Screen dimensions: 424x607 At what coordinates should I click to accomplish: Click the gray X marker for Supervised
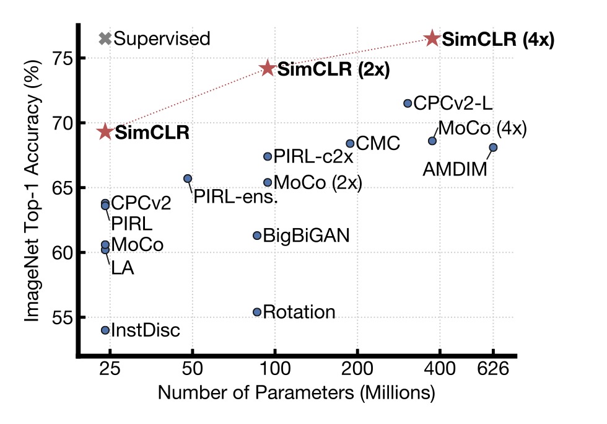(x=105, y=38)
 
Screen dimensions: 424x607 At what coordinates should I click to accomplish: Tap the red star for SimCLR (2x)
(x=268, y=68)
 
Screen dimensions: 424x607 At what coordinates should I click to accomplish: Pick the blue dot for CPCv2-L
(x=408, y=104)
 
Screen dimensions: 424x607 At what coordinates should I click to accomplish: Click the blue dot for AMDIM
(x=493, y=148)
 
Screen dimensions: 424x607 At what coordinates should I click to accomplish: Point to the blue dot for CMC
(x=350, y=144)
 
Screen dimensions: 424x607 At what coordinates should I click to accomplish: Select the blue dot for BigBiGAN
(x=257, y=236)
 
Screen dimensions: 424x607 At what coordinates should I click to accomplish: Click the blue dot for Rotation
(x=257, y=312)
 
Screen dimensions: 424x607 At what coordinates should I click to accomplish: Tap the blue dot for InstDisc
(x=105, y=330)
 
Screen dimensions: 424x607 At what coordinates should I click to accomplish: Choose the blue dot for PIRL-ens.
(x=188, y=179)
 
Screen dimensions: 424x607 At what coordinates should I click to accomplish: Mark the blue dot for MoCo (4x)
(x=432, y=141)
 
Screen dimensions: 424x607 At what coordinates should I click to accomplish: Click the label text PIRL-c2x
(x=313, y=157)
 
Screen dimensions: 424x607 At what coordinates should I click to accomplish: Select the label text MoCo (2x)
(x=317, y=183)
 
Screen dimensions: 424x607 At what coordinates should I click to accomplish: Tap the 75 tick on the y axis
(x=60, y=58)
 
